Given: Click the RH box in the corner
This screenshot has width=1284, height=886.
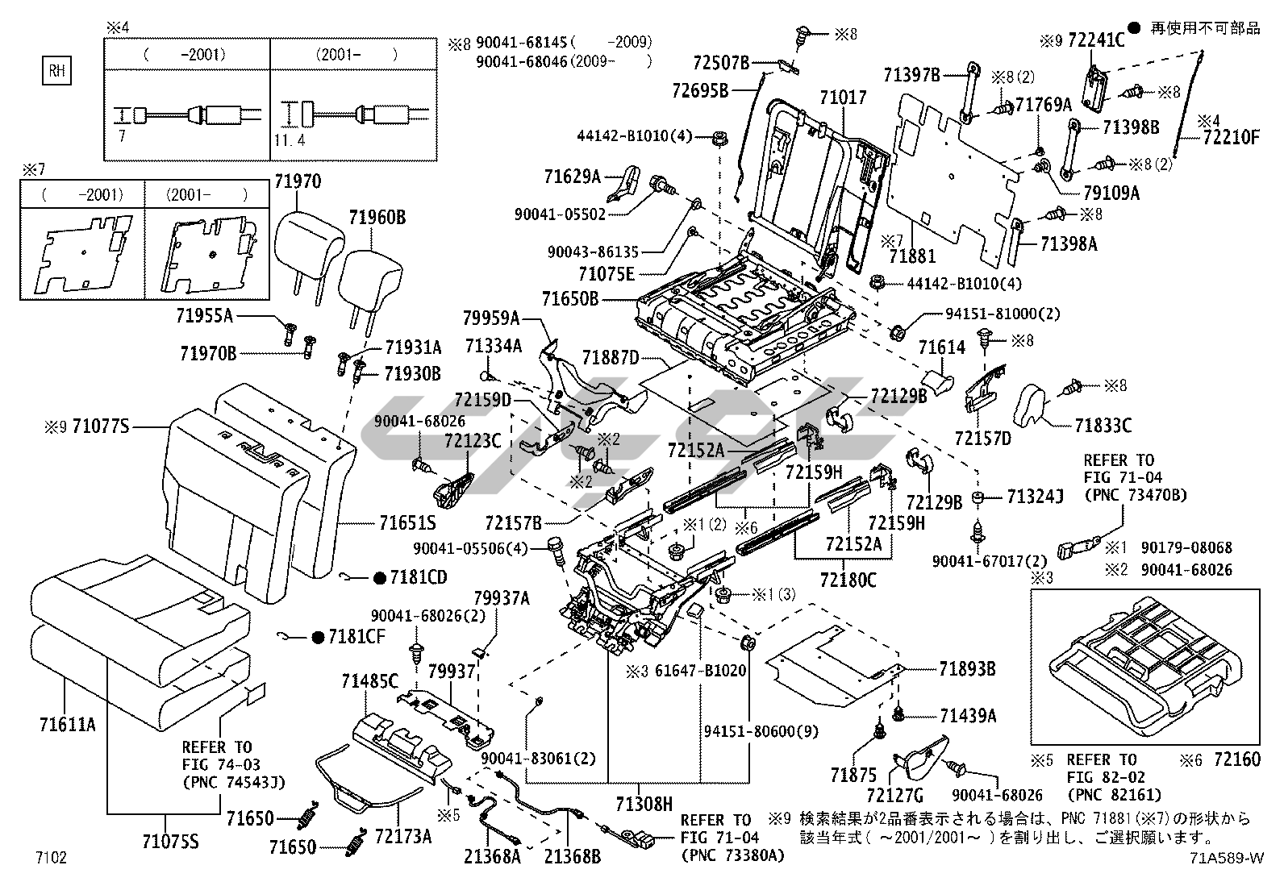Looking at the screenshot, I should click(x=56, y=71).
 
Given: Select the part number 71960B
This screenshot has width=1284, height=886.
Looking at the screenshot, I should click(x=377, y=216).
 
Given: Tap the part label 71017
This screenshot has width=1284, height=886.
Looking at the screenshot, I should click(x=843, y=98).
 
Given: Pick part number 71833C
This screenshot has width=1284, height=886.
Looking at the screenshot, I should click(x=1103, y=425).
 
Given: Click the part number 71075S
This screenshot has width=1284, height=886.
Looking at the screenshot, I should click(x=169, y=843).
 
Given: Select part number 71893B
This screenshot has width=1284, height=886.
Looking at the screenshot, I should click(x=967, y=668).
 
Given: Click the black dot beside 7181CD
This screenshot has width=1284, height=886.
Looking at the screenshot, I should click(x=378, y=577).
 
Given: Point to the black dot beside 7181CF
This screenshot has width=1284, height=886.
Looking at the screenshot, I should click(x=317, y=637).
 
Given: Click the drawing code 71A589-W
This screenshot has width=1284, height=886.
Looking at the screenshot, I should click(x=1225, y=858).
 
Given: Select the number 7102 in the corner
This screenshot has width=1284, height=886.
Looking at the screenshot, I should click(x=50, y=857).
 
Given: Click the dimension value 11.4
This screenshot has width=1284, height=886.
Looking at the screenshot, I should click(x=289, y=139).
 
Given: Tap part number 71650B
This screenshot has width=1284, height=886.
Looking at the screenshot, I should click(x=569, y=299).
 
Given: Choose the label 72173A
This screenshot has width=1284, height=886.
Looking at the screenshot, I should click(x=403, y=837).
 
